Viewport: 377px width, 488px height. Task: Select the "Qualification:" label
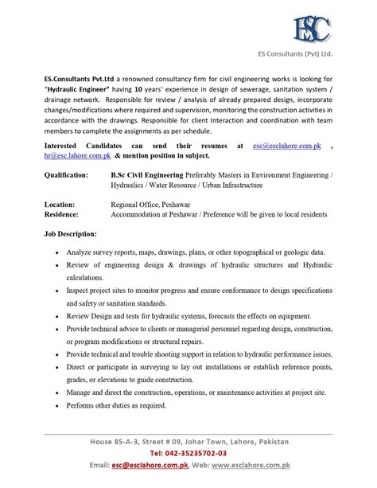(68, 150)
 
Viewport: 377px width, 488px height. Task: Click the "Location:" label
(60, 182)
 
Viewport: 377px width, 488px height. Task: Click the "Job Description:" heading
(71, 214)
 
